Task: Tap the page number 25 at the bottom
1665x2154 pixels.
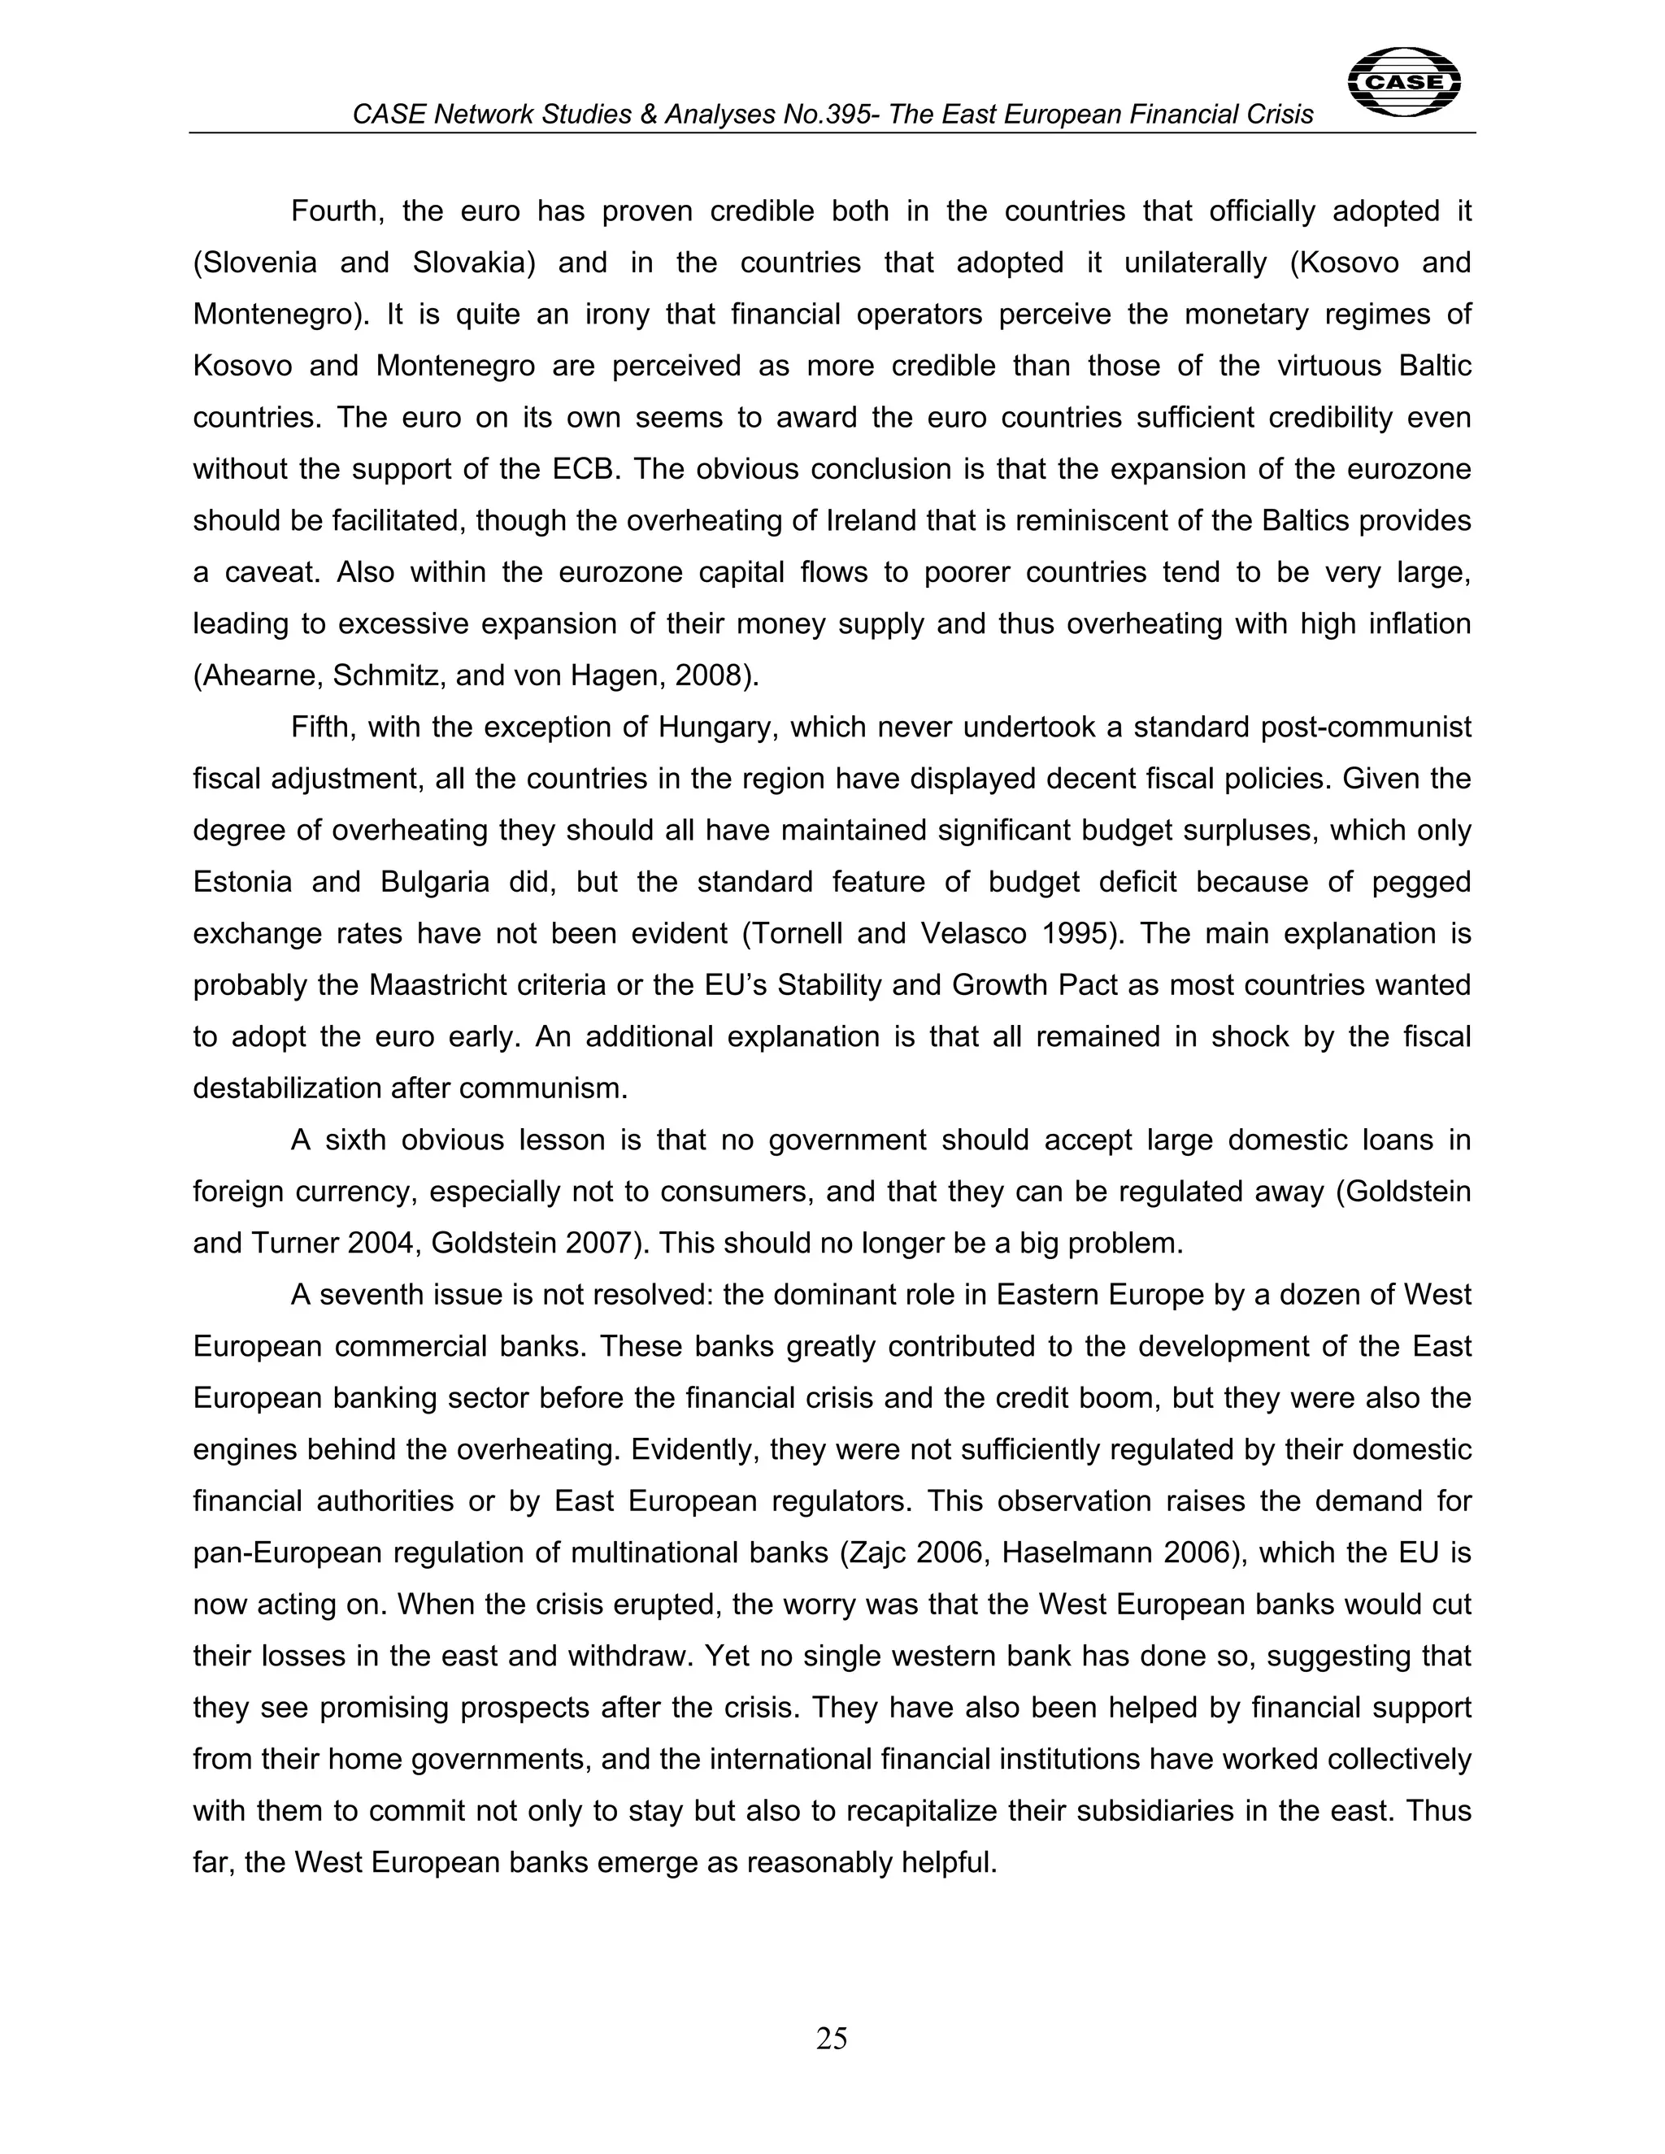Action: click(832, 2037)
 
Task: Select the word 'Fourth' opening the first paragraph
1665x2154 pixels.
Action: click(334, 211)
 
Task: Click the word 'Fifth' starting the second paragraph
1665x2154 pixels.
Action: click(323, 727)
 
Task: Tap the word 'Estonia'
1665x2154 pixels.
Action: click(242, 882)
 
